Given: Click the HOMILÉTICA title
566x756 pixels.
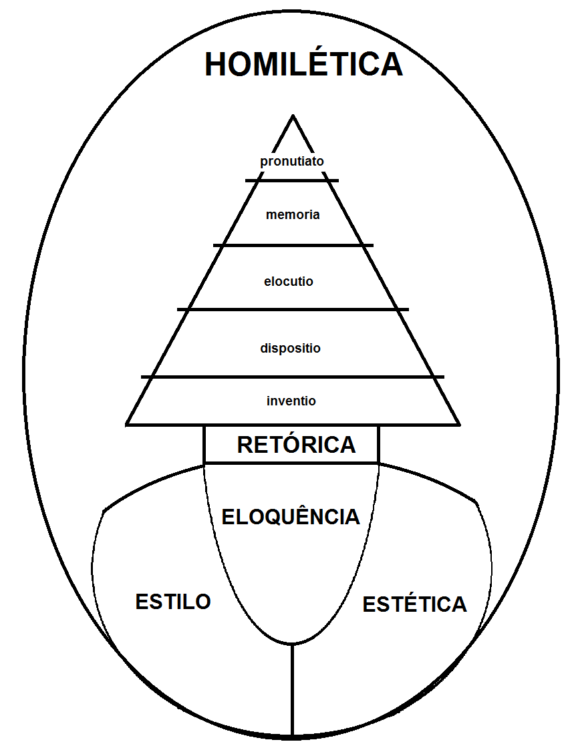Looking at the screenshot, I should pyautogui.click(x=303, y=65).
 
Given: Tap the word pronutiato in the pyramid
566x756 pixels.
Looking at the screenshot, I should pyautogui.click(x=292, y=161).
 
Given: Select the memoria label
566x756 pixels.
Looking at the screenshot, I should pyautogui.click(x=293, y=215).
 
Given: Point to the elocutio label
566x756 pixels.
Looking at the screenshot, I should pyautogui.click(x=289, y=281).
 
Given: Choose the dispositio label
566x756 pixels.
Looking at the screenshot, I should pyautogui.click(x=290, y=348).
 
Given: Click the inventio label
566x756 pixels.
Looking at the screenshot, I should pyautogui.click(x=291, y=401).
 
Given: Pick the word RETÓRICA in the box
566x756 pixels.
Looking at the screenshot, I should pyautogui.click(x=296, y=445).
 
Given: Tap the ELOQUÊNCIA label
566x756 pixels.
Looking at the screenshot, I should pyautogui.click(x=291, y=516).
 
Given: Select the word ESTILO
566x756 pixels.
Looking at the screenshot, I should pyautogui.click(x=173, y=601).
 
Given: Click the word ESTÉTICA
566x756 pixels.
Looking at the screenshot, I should pyautogui.click(x=414, y=604).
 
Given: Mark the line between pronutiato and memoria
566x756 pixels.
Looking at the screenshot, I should pyautogui.click(x=292, y=180).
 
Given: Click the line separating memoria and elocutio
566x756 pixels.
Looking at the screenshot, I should pyautogui.click(x=293, y=245).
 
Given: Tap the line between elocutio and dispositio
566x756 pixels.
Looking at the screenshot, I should pyautogui.click(x=293, y=309).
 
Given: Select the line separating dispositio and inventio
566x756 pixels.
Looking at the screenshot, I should pyautogui.click(x=293, y=377).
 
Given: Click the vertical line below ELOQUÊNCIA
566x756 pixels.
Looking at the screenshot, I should pyautogui.click(x=292, y=688).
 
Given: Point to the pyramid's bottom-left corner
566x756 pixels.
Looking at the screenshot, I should pyautogui.click(x=127, y=423).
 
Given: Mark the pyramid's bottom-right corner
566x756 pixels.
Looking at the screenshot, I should pyautogui.click(x=459, y=423).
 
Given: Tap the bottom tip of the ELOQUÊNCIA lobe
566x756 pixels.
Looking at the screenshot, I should pyautogui.click(x=292, y=644).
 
